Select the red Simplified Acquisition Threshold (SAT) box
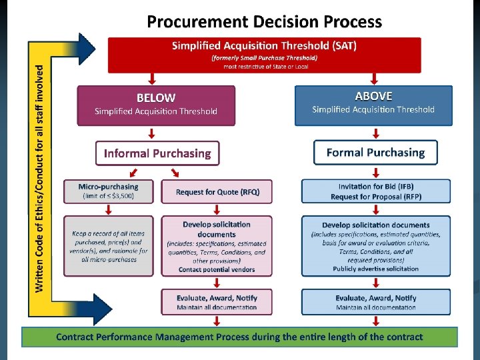point(265,55)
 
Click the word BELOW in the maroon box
point(155,97)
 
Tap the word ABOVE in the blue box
point(373,96)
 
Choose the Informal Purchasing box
point(157,153)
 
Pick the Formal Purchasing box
point(375,153)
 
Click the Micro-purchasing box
point(108,191)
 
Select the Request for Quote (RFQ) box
point(217,192)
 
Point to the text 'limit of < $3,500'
point(108,197)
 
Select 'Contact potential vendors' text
point(217,270)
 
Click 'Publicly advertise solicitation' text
point(375,269)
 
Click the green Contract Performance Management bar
point(239,337)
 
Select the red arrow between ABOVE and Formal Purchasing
point(375,132)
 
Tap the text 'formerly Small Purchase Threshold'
point(265,58)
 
